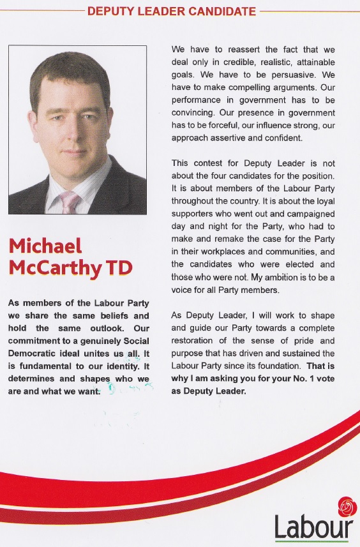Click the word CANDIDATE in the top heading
(x=218, y=11)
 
